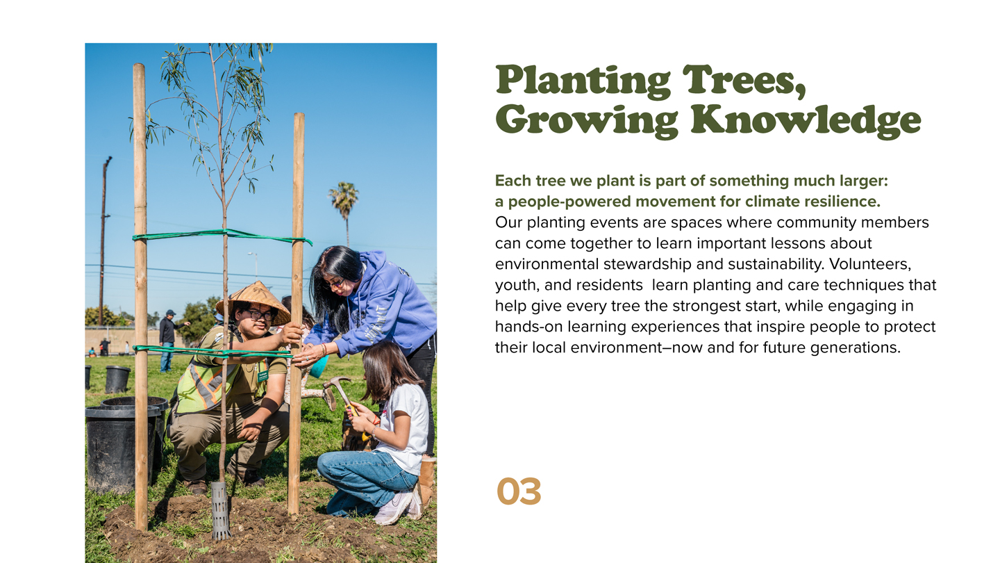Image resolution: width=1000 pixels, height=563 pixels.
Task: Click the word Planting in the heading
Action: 583,81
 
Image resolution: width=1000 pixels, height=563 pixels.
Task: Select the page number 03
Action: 519,492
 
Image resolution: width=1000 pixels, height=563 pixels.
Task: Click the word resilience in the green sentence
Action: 842,202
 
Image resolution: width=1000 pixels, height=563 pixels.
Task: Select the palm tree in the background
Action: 344,210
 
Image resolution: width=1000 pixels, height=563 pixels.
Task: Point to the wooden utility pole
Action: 103,240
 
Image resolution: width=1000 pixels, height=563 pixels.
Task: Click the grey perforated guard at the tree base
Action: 221,510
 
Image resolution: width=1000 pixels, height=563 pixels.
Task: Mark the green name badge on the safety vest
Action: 263,376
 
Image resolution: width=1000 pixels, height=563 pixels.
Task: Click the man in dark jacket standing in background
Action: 168,341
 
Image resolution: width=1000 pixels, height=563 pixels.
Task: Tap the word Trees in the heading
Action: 744,81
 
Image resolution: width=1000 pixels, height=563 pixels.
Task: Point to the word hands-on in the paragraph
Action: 529,327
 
